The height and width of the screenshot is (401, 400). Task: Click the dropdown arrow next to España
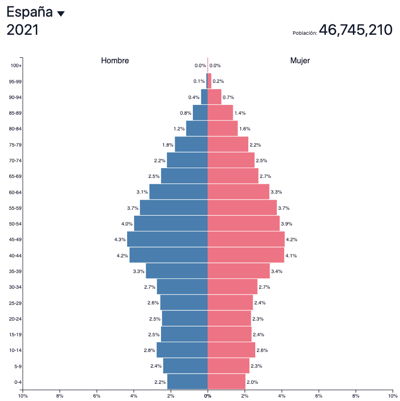(x=61, y=14)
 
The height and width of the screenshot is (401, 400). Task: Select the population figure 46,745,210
(x=355, y=30)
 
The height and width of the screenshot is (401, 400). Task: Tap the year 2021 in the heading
(x=23, y=30)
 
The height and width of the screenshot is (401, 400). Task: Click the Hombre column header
(x=115, y=61)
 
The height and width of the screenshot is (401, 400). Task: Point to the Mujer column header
(x=300, y=61)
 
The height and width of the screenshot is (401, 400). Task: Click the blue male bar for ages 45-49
(x=167, y=239)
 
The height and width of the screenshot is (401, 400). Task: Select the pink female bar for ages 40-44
(x=246, y=255)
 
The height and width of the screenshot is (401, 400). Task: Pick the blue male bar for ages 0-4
(x=187, y=381)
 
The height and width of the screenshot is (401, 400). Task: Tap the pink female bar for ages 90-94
(x=214, y=97)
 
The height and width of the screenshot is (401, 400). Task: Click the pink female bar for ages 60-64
(x=239, y=192)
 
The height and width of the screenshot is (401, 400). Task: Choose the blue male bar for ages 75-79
(x=191, y=144)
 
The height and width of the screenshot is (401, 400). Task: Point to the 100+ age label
(x=16, y=66)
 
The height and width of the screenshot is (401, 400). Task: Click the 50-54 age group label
(x=15, y=224)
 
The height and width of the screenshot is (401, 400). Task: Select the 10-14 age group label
(x=15, y=350)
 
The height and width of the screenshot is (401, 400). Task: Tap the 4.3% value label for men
(x=120, y=239)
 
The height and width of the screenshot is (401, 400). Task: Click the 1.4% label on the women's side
(x=240, y=113)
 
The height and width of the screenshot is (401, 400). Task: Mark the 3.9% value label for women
(x=286, y=224)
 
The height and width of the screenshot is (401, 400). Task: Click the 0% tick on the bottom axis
(x=208, y=396)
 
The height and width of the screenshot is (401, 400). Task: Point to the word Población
(x=305, y=33)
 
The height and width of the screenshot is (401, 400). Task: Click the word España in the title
(x=29, y=12)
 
